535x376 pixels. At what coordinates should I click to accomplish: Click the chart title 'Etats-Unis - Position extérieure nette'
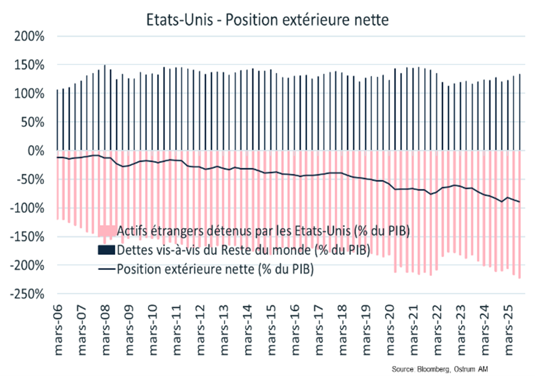(267, 20)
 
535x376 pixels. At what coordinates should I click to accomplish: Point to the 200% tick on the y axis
(29, 37)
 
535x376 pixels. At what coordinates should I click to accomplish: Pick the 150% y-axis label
(29, 65)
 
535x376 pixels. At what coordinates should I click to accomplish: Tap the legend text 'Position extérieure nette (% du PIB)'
(215, 269)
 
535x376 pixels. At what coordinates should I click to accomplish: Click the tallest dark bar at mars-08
(105, 108)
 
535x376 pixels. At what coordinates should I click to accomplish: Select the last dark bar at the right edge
(520, 112)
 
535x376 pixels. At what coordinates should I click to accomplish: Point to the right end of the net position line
(520, 201)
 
